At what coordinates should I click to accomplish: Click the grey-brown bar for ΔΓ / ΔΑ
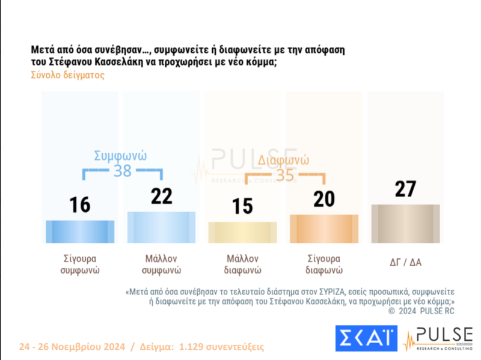point(405,223)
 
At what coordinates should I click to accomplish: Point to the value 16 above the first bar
point(79,205)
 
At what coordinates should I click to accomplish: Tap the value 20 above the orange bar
point(324,199)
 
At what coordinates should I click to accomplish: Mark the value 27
point(405,189)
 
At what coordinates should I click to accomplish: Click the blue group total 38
point(123,171)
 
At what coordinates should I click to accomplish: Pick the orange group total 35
point(285,175)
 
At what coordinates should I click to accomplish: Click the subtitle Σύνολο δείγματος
point(67,76)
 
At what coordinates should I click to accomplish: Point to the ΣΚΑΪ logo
point(366,339)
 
